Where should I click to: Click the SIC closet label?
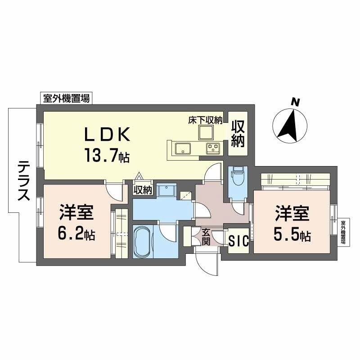(x=238, y=241)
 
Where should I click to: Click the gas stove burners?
(x=212, y=148)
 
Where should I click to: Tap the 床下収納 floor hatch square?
(x=207, y=132)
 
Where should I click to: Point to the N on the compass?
(x=295, y=102)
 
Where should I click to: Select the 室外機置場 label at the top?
(x=66, y=98)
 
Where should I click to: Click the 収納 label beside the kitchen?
(x=238, y=134)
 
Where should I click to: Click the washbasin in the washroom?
(x=166, y=190)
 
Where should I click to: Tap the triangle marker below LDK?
(x=139, y=177)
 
